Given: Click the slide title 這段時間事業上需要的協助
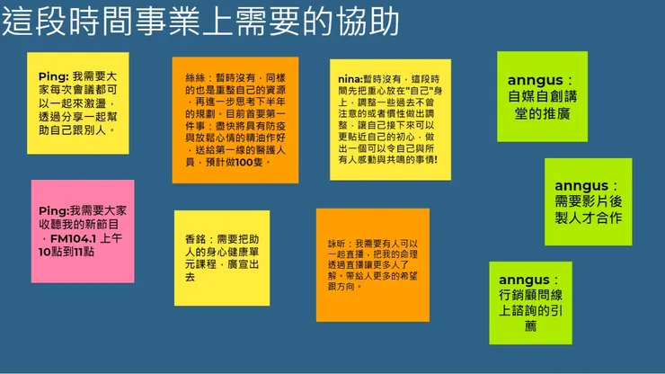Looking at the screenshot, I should click(x=200, y=22).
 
